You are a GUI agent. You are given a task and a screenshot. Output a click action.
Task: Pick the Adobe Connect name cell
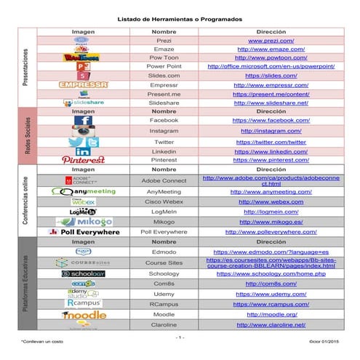pyautogui.click(x=164, y=180)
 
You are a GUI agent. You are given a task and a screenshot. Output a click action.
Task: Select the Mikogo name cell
pyautogui.click(x=164, y=221)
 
